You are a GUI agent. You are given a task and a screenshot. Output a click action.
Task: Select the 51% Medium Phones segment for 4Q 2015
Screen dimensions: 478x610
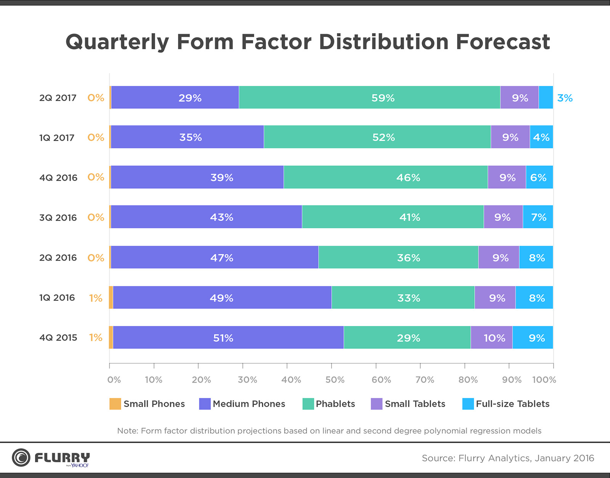click(228, 338)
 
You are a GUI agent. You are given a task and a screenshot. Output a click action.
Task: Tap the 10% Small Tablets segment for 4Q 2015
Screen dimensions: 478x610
click(491, 338)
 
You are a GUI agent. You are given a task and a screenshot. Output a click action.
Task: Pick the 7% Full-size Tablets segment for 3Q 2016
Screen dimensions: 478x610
click(538, 217)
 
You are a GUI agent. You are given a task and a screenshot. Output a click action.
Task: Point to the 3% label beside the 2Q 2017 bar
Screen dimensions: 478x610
click(565, 98)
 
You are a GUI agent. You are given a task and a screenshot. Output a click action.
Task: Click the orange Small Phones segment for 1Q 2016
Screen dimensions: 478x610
click(111, 298)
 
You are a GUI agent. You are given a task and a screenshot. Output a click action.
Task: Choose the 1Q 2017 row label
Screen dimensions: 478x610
click(57, 138)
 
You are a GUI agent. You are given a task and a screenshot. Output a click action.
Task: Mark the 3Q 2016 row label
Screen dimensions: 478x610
click(58, 218)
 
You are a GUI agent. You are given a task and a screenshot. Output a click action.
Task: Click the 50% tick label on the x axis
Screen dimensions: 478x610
click(335, 380)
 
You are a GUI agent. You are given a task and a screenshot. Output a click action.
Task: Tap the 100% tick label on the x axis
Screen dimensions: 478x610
click(544, 380)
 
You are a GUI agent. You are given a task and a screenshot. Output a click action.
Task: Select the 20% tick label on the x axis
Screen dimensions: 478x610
click(201, 380)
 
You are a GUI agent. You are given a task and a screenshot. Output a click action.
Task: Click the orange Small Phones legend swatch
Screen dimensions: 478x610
click(115, 404)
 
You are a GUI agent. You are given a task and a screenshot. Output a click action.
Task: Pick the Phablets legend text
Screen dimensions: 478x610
click(335, 404)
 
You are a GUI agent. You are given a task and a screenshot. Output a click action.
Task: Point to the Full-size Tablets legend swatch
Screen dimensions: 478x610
click(468, 404)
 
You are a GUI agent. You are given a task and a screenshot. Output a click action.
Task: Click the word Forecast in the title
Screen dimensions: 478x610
click(503, 42)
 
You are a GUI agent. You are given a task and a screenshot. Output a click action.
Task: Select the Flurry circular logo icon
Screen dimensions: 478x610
click(21, 457)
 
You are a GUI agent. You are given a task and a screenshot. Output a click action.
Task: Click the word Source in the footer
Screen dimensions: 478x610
click(437, 458)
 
